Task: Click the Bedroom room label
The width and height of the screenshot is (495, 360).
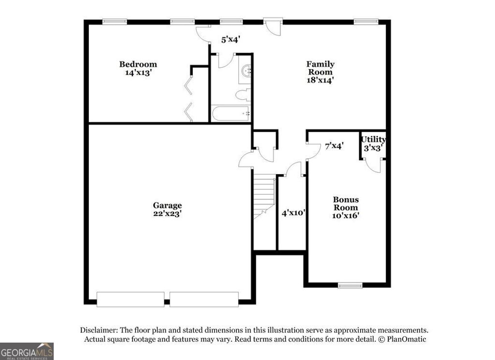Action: [138, 64]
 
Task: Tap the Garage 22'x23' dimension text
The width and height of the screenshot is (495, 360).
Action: [168, 213]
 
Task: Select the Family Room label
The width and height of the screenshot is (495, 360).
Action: [320, 68]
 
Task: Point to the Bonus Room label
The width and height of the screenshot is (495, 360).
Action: [346, 203]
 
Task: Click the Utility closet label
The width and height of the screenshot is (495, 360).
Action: [373, 140]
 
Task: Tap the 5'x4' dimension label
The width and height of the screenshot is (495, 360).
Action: [231, 40]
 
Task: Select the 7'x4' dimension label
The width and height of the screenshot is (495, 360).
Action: [334, 145]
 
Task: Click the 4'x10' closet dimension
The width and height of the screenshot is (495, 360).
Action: [293, 212]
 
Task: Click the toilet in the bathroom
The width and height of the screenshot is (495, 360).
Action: [243, 94]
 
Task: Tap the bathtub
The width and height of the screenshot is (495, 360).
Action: [231, 114]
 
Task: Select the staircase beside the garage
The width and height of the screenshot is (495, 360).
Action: [264, 196]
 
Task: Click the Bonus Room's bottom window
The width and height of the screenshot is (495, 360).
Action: [350, 285]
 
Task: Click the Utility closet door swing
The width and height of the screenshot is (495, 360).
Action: [373, 165]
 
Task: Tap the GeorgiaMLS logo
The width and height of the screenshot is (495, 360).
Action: [27, 351]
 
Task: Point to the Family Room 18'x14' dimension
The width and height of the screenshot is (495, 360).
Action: [320, 80]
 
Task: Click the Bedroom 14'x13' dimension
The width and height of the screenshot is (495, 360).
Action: [138, 73]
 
